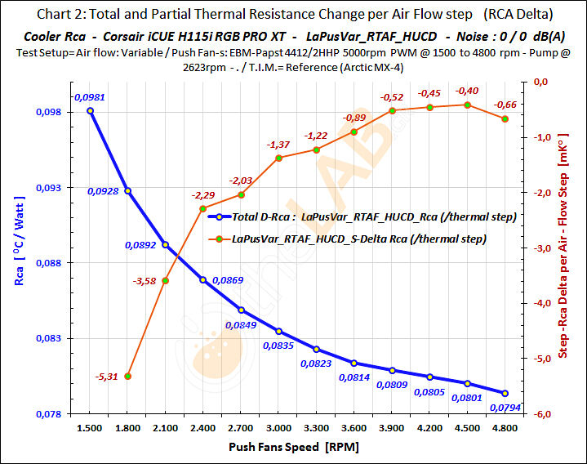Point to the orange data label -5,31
[x=106, y=377]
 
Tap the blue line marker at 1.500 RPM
[x=90, y=110]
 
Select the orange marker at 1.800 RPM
[x=127, y=376]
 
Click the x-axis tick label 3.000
[x=278, y=428]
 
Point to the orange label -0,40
[x=467, y=91]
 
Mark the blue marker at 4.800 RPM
[x=505, y=393]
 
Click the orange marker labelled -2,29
[x=203, y=209]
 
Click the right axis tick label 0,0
[x=540, y=82]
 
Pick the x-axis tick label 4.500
[x=468, y=428]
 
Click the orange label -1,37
[x=278, y=144]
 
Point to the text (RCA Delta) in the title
[x=517, y=14]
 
